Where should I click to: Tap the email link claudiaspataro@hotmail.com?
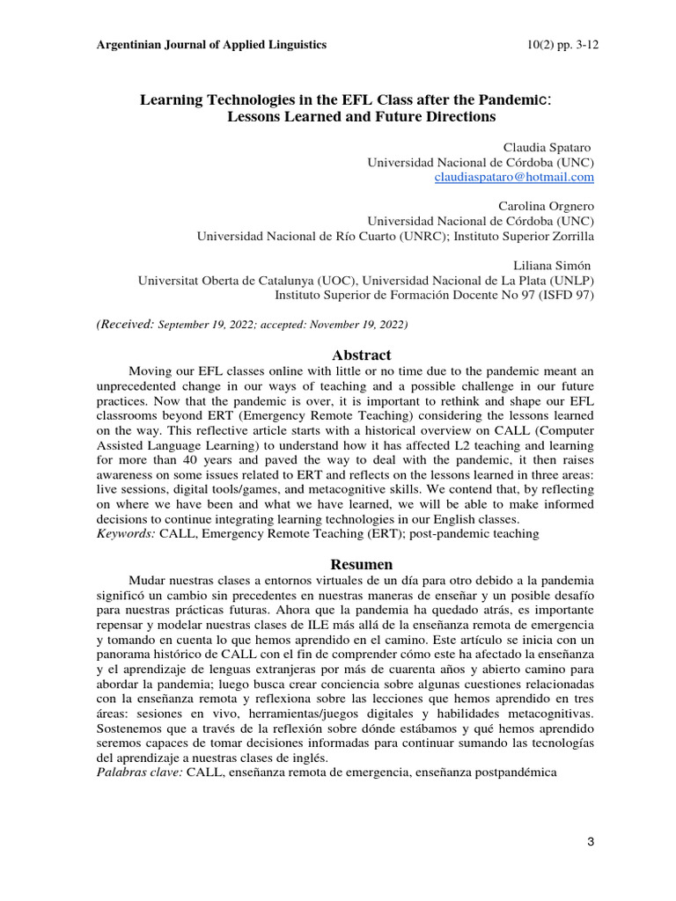(x=515, y=177)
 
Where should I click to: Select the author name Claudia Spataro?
(x=546, y=147)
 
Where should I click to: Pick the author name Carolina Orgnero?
(x=546, y=206)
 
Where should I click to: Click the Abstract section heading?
(x=361, y=355)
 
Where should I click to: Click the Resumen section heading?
(x=361, y=564)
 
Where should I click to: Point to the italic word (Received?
(x=125, y=325)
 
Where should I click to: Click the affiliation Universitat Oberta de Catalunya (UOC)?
(x=248, y=281)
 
